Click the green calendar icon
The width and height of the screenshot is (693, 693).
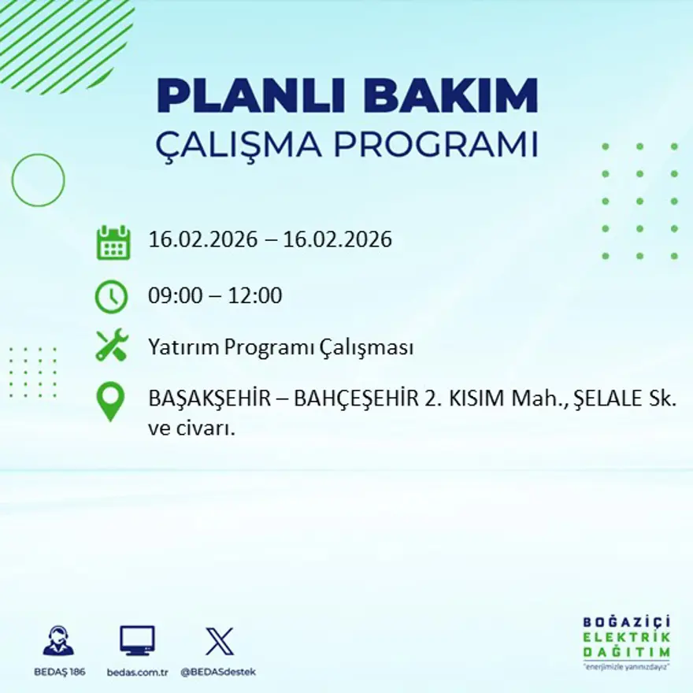(113, 243)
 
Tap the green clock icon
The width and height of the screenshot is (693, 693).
(111, 297)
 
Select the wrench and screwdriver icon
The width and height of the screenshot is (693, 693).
(111, 346)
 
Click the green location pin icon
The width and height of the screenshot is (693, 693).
(110, 401)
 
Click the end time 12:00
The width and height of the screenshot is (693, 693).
(255, 296)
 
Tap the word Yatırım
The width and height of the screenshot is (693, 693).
(183, 347)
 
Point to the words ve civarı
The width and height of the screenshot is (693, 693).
(192, 429)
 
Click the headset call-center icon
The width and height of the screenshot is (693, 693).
(58, 641)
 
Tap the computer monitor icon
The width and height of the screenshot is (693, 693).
(137, 641)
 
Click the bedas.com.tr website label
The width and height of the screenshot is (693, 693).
(138, 672)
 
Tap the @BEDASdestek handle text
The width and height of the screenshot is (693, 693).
(218, 672)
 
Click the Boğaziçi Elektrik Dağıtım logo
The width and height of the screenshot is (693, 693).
(626, 640)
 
